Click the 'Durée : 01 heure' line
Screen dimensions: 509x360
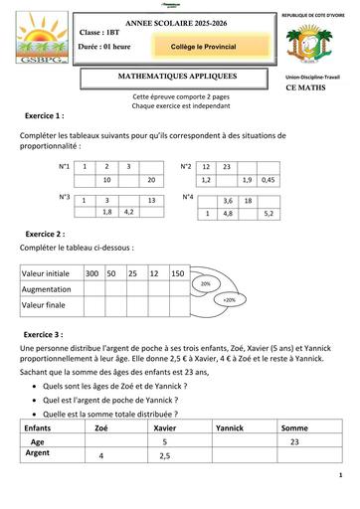point(106,47)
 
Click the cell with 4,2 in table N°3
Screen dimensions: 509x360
point(128,212)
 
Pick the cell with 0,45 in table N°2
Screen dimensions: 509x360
point(268,180)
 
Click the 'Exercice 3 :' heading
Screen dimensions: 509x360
point(52,335)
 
